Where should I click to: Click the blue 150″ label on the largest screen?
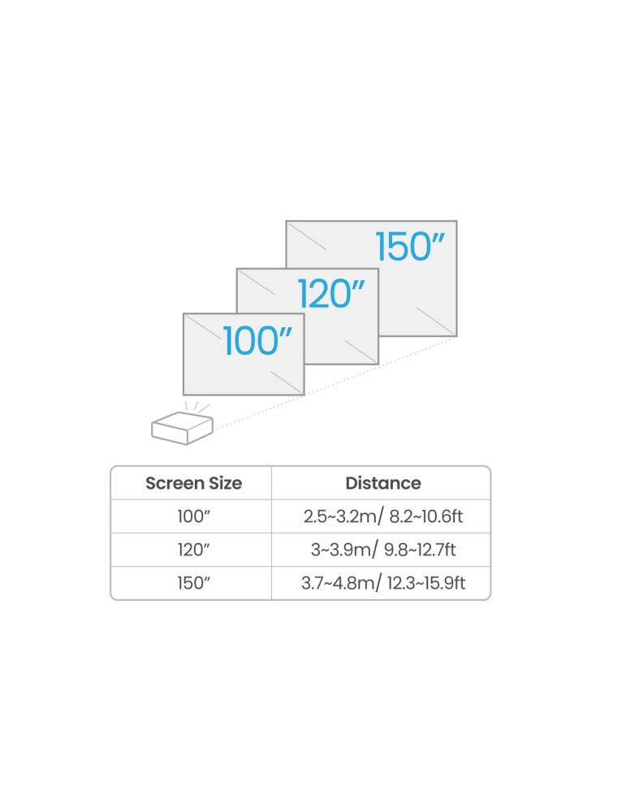coord(410,247)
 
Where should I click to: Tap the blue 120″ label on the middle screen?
coord(331,294)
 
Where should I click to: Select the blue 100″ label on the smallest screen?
coord(257,340)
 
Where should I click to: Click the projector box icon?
coord(182,428)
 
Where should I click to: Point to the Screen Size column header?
coord(194,483)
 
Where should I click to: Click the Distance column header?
coord(383,483)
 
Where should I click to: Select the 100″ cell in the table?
coord(194,516)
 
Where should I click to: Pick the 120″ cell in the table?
coord(194,550)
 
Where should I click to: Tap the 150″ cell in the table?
coord(194,582)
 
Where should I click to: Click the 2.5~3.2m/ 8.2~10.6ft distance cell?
coord(383,516)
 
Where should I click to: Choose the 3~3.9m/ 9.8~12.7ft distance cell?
coord(383,550)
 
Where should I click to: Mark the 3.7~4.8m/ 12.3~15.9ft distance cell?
coord(383,583)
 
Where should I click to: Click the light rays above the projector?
coord(196,407)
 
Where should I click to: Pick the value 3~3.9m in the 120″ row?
coord(341,550)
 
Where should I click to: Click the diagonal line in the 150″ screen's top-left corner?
coord(307,236)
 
